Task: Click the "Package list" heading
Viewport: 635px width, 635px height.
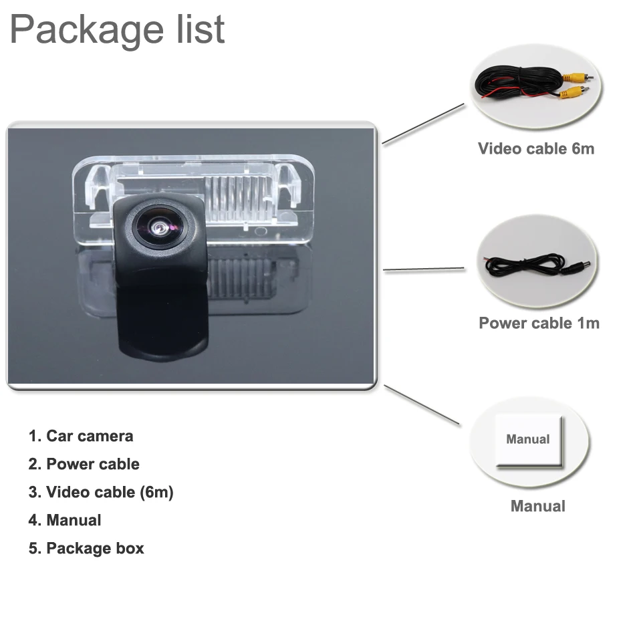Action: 118,30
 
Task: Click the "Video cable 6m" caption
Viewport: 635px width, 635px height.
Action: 536,148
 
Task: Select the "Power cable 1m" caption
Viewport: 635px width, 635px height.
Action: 539,324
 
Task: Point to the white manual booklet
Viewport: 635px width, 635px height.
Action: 528,440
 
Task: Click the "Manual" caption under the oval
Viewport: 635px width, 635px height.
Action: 537,506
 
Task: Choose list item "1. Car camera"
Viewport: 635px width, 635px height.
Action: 81,436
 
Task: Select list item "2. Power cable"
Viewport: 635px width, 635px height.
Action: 84,465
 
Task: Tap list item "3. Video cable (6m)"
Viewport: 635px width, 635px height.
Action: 101,493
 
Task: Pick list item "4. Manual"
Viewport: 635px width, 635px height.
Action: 65,521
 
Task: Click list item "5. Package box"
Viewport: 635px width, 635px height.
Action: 86,549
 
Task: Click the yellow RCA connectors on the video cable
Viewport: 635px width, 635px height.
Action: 572,85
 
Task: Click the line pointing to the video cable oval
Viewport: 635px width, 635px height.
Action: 422,124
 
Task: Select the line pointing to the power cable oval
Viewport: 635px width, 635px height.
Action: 424,269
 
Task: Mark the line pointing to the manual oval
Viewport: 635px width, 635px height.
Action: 422,405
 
